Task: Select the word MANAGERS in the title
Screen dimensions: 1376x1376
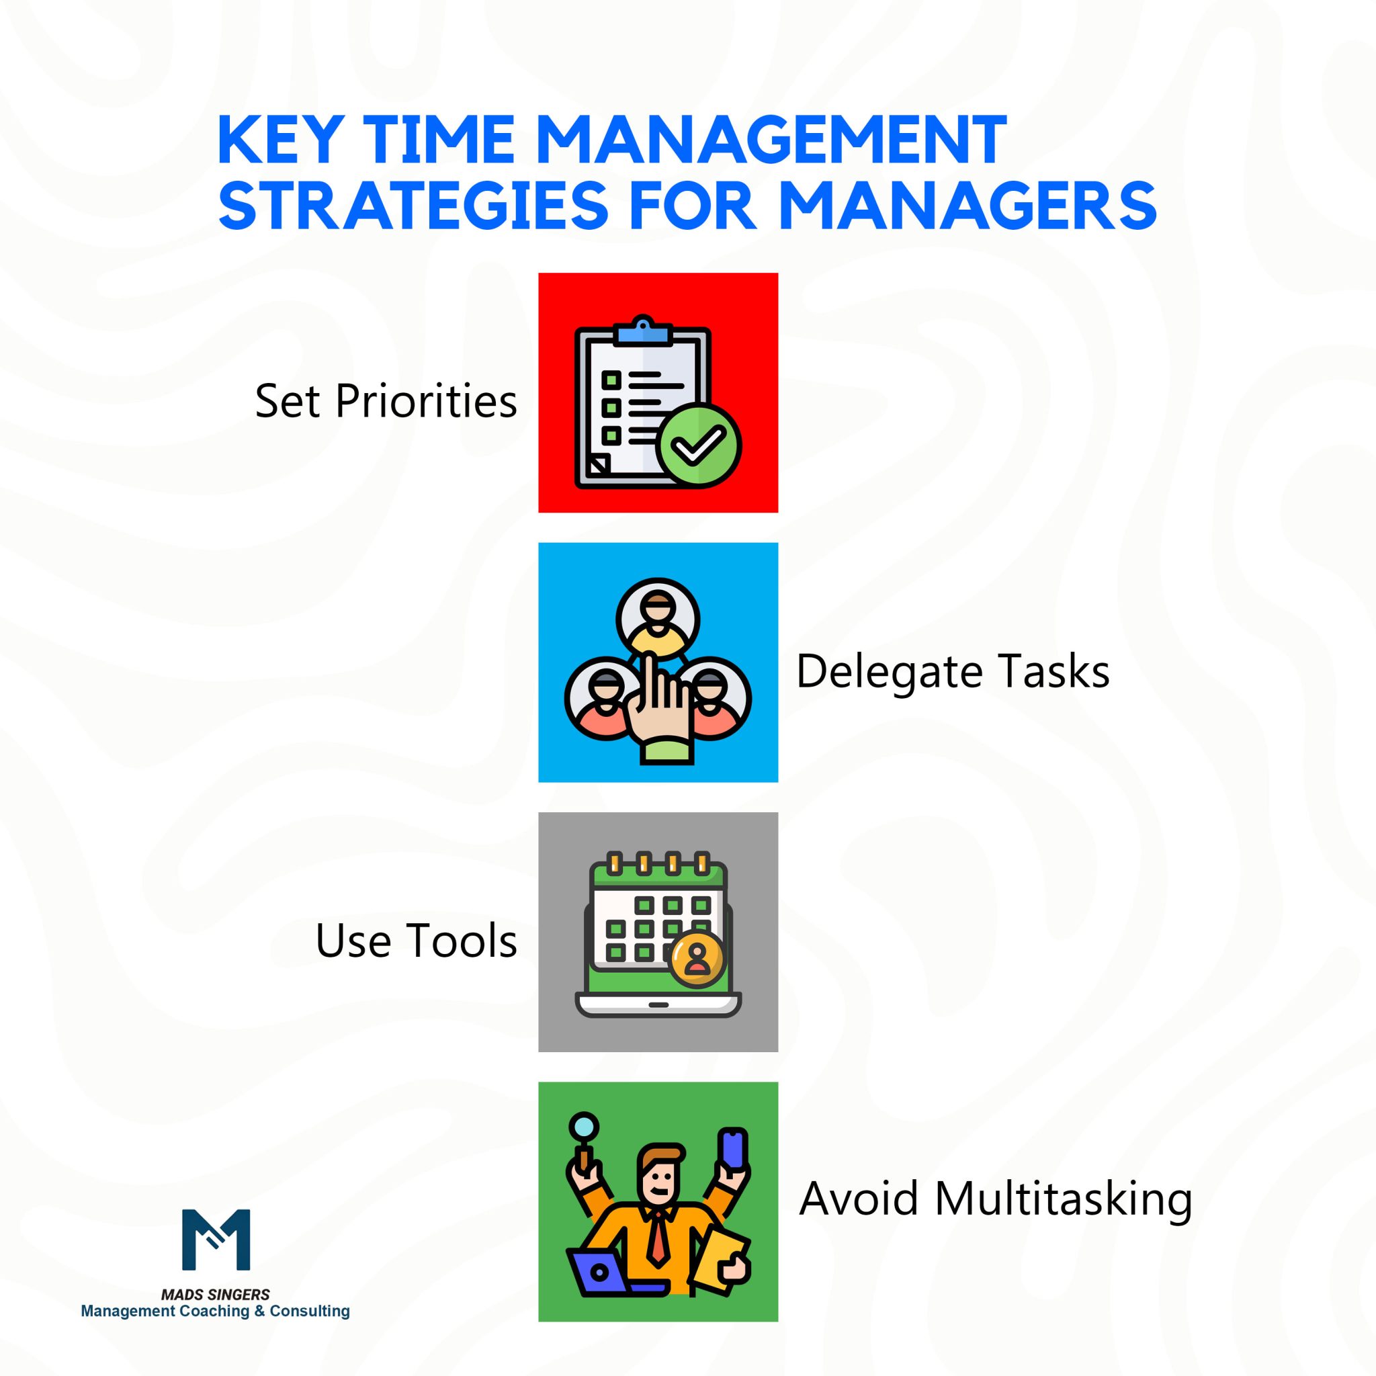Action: (967, 206)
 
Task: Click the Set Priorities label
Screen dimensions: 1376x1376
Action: (386, 401)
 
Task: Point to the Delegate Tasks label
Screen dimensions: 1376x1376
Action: (952, 672)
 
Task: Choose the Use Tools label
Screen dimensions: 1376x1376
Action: (416, 941)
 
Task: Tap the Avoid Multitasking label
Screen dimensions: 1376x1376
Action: (995, 1199)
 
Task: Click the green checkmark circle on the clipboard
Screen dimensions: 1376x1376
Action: (698, 446)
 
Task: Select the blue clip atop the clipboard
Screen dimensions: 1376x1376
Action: (644, 332)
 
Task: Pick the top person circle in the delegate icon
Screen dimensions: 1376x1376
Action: (657, 618)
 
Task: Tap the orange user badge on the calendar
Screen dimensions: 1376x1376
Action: (697, 960)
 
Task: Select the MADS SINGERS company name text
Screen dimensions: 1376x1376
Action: (215, 1294)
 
